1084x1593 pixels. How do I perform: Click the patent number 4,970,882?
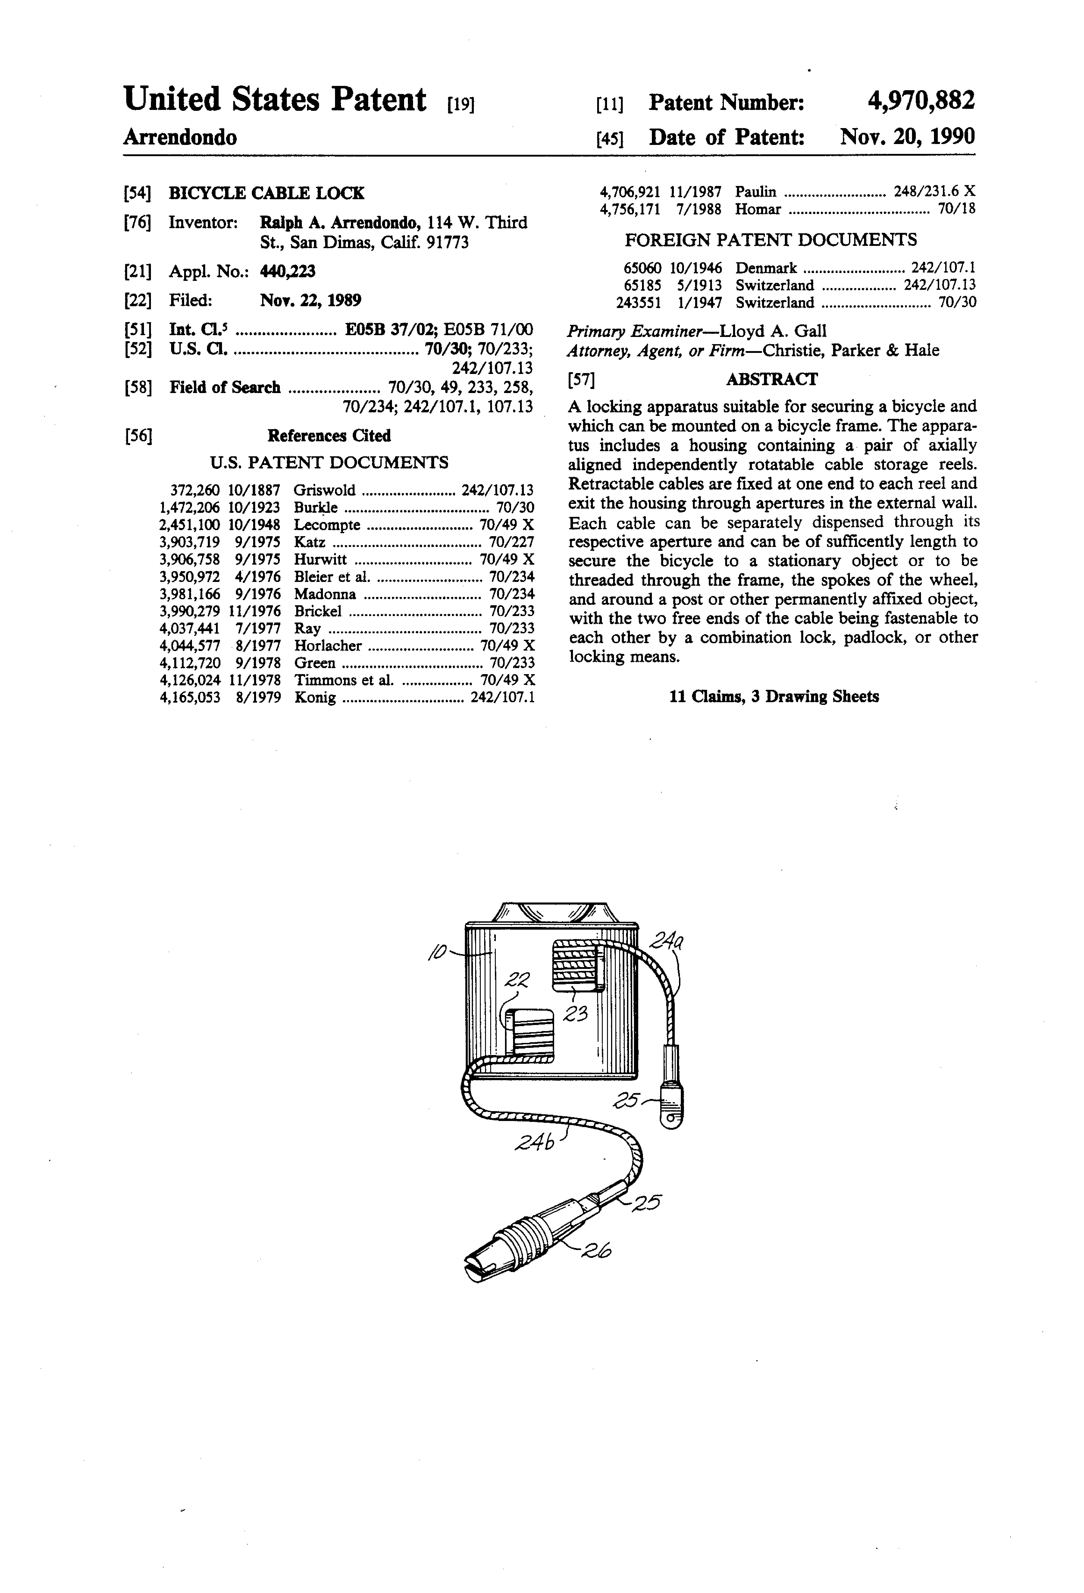click(x=920, y=101)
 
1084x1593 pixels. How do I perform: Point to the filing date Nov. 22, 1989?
click(x=310, y=300)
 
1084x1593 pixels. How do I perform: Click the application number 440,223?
click(x=288, y=271)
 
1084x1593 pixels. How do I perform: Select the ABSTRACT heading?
click(x=772, y=379)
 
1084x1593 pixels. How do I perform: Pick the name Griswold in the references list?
click(x=325, y=490)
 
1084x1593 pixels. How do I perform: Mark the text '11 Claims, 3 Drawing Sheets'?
click(x=774, y=696)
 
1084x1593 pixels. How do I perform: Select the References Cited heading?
click(x=329, y=436)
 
